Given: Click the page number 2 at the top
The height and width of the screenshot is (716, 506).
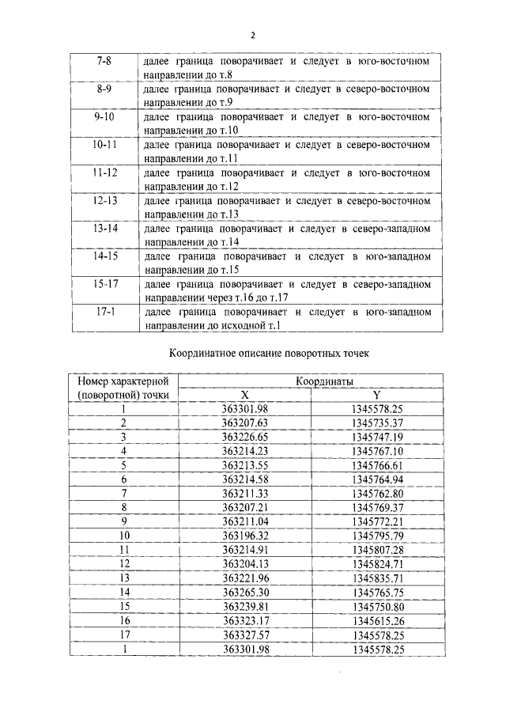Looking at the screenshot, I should coord(253,35).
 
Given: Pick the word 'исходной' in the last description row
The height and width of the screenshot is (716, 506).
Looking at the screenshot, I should coord(249,325).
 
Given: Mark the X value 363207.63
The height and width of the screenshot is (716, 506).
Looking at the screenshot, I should coord(246,423).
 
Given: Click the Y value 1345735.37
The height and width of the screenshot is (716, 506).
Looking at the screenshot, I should coord(377,423).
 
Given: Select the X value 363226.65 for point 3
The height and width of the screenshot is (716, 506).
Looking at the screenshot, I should coord(246,437).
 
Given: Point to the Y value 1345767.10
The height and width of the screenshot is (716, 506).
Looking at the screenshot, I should coord(377,451).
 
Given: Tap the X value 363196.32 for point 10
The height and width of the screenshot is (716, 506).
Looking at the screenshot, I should coord(246,536).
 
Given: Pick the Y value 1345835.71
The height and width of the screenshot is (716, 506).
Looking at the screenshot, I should coord(377,578).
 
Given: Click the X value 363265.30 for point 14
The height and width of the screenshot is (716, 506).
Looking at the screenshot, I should coord(246,592).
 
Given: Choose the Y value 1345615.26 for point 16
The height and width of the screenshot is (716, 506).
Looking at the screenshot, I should coord(377,620).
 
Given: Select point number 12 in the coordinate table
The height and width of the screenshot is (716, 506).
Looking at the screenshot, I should coord(124,563).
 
